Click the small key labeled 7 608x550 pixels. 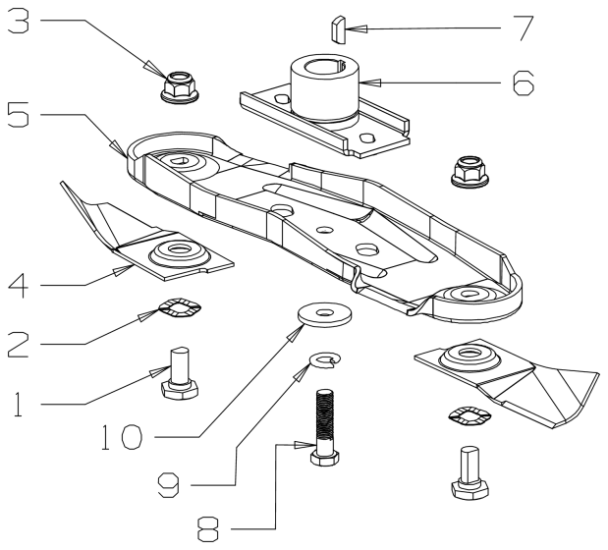pyautogui.click(x=336, y=29)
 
